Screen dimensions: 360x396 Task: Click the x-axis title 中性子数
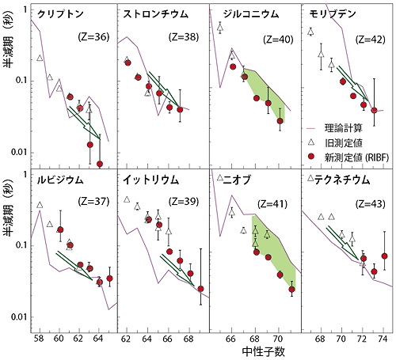[252, 350]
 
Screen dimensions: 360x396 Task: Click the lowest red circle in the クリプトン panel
[99, 164]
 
